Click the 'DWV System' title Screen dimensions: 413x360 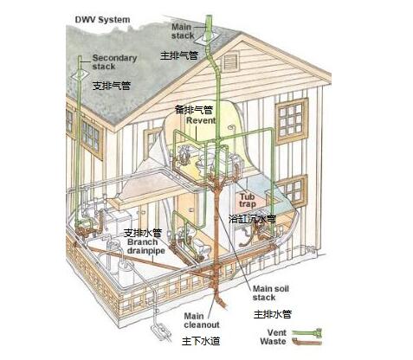[102, 20]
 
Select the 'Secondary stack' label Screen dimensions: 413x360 [114, 62]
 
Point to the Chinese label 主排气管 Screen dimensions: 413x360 [179, 55]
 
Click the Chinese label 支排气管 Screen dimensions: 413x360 [112, 86]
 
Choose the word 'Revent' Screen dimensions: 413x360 [201, 120]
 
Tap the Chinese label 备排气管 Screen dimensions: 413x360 [194, 110]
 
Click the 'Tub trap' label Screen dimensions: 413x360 [248, 201]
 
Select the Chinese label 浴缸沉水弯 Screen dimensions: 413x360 [252, 219]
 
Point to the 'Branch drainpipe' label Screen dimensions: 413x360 [146, 246]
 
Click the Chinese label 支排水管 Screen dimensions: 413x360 [143, 233]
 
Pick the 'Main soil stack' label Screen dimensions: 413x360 [271, 292]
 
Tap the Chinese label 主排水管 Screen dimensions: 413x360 [273, 314]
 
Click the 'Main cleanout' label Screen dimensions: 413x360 [202, 320]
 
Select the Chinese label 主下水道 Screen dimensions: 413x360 [201, 341]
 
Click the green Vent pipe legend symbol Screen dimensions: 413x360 [307, 333]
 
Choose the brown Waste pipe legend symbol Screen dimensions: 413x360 [307, 342]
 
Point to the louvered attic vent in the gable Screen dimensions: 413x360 [230, 61]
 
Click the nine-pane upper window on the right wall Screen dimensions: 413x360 [292, 120]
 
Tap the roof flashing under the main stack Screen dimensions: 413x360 [207, 40]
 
